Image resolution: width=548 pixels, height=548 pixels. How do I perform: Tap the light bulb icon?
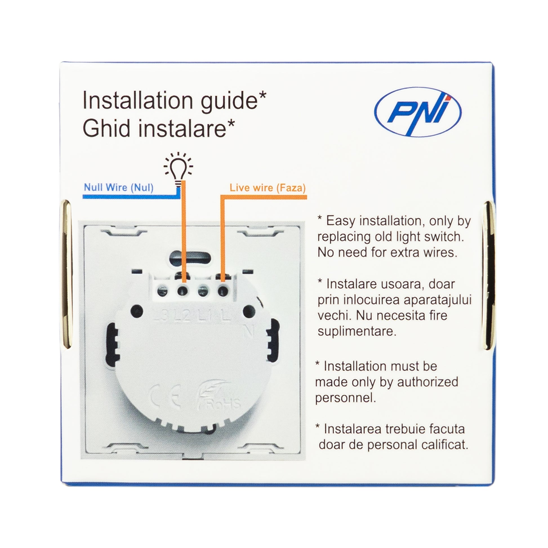pos(179,169)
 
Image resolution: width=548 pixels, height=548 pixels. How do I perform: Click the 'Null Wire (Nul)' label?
pos(119,188)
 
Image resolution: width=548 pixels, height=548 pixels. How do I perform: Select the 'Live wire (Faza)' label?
pos(268,188)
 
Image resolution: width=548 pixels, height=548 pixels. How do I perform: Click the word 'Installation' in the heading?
pos(138,101)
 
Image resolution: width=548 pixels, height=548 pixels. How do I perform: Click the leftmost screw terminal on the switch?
pos(162,290)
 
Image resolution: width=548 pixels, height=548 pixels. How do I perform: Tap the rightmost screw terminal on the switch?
pos(224,290)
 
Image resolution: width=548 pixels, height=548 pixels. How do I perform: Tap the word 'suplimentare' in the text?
pos(357,331)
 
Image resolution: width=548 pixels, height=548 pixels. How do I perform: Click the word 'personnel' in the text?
pos(345,398)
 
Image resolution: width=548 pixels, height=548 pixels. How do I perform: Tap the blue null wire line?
pos(131,196)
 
